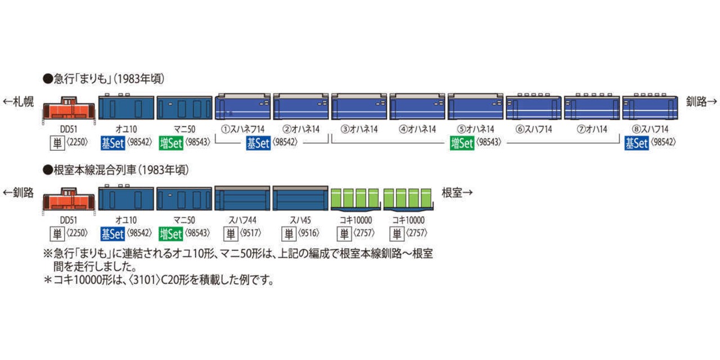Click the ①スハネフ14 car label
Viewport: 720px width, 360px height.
click(242, 129)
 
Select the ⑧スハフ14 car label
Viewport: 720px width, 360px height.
click(650, 129)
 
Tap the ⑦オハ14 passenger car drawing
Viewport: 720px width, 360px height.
click(592, 107)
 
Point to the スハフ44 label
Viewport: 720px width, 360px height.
click(242, 220)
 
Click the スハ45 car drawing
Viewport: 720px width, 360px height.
click(300, 198)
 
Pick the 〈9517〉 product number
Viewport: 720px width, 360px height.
click(251, 233)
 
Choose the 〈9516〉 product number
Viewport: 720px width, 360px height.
click(309, 233)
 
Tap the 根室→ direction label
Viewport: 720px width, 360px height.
click(457, 192)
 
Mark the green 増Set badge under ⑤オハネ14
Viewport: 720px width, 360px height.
click(462, 143)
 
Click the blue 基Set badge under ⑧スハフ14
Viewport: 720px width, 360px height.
click(636, 143)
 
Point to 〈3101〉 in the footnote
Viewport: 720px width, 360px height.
click(145, 280)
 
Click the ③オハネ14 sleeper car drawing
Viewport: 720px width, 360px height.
click(359, 107)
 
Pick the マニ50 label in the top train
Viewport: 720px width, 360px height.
click(184, 129)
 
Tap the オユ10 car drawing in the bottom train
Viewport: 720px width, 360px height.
click(126, 197)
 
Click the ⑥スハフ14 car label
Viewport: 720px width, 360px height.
click(534, 129)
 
